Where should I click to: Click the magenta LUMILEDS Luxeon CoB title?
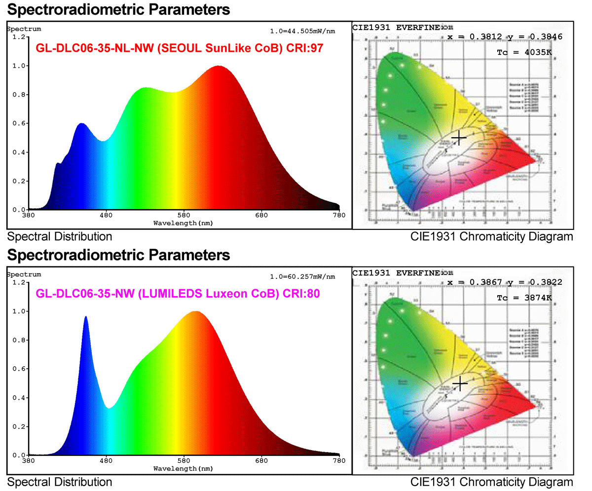click(178, 294)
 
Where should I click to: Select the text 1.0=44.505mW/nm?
click(302, 31)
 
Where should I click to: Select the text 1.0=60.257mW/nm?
click(302, 276)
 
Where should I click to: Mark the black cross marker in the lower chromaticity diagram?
click(460, 383)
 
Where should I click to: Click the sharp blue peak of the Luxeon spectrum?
click(86, 317)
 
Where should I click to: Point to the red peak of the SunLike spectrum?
click(218, 67)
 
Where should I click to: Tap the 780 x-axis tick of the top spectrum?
click(339, 216)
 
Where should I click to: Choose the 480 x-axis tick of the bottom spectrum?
click(106, 461)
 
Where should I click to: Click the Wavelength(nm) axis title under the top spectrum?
click(183, 223)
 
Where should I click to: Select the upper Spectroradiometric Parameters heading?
click(118, 9)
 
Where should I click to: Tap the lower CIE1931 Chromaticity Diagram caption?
click(491, 482)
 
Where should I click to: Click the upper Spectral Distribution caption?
click(59, 236)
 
